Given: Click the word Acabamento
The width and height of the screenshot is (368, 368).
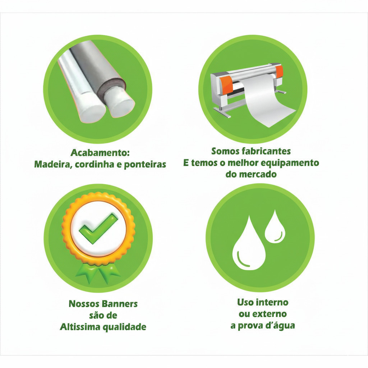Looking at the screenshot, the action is pyautogui.click(x=99, y=152).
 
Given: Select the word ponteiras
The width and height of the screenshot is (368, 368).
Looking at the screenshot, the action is pyautogui.click(x=145, y=165).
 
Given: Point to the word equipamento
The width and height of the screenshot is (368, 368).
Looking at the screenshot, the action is pyautogui.click(x=290, y=163).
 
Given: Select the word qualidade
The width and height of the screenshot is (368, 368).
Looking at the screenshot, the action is pyautogui.click(x=124, y=327).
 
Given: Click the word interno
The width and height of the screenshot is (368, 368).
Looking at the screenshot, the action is pyautogui.click(x=274, y=302).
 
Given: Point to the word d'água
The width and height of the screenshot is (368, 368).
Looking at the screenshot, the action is pyautogui.click(x=280, y=326).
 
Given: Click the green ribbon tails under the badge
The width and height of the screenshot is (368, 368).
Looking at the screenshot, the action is pyautogui.click(x=98, y=273).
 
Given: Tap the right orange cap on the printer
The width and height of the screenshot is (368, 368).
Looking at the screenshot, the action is pyautogui.click(x=279, y=72).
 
